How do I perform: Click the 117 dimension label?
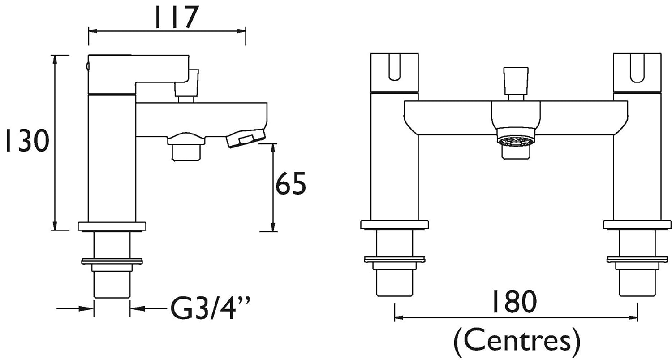click(177, 17)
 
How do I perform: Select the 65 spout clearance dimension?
click(291, 183)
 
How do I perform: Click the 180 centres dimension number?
click(513, 301)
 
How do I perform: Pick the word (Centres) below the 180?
click(517, 342)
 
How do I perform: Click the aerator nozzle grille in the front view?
click(516, 140)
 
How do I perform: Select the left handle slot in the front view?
click(394, 67)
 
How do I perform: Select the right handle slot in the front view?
click(637, 68)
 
